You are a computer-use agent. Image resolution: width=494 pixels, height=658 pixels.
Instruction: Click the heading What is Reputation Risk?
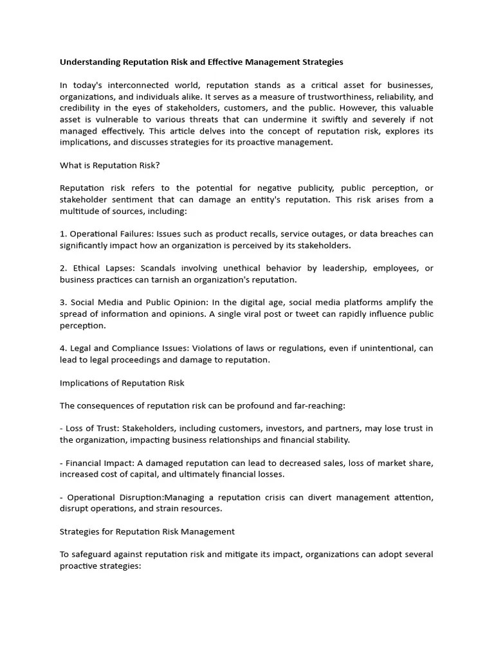(x=109, y=165)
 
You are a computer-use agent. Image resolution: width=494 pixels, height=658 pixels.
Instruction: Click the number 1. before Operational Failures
(x=63, y=234)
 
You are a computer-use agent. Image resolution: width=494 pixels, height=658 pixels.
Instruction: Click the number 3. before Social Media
(x=63, y=303)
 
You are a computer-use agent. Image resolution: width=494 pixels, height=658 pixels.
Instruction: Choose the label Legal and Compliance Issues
(x=126, y=348)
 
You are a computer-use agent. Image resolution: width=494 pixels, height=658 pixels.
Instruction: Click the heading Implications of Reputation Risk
(x=122, y=383)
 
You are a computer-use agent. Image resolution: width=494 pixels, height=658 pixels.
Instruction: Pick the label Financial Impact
(x=97, y=463)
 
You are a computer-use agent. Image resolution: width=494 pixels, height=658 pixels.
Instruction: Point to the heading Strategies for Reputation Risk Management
(x=147, y=531)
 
